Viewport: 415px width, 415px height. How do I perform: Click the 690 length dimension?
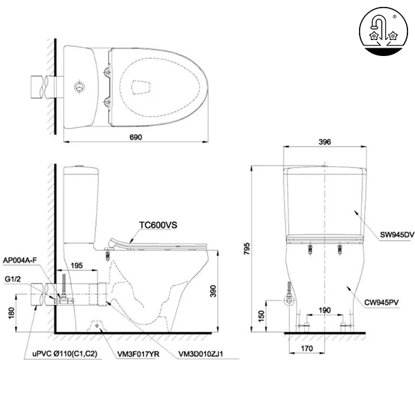click(135, 138)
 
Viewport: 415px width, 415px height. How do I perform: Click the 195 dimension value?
click(77, 266)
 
